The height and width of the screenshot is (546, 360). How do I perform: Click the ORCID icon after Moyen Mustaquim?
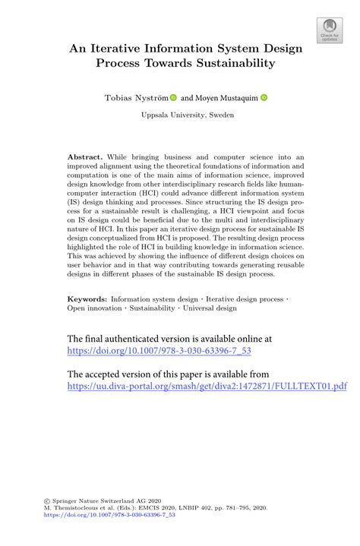pos(264,97)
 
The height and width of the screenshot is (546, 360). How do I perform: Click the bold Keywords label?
pos(87,321)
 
